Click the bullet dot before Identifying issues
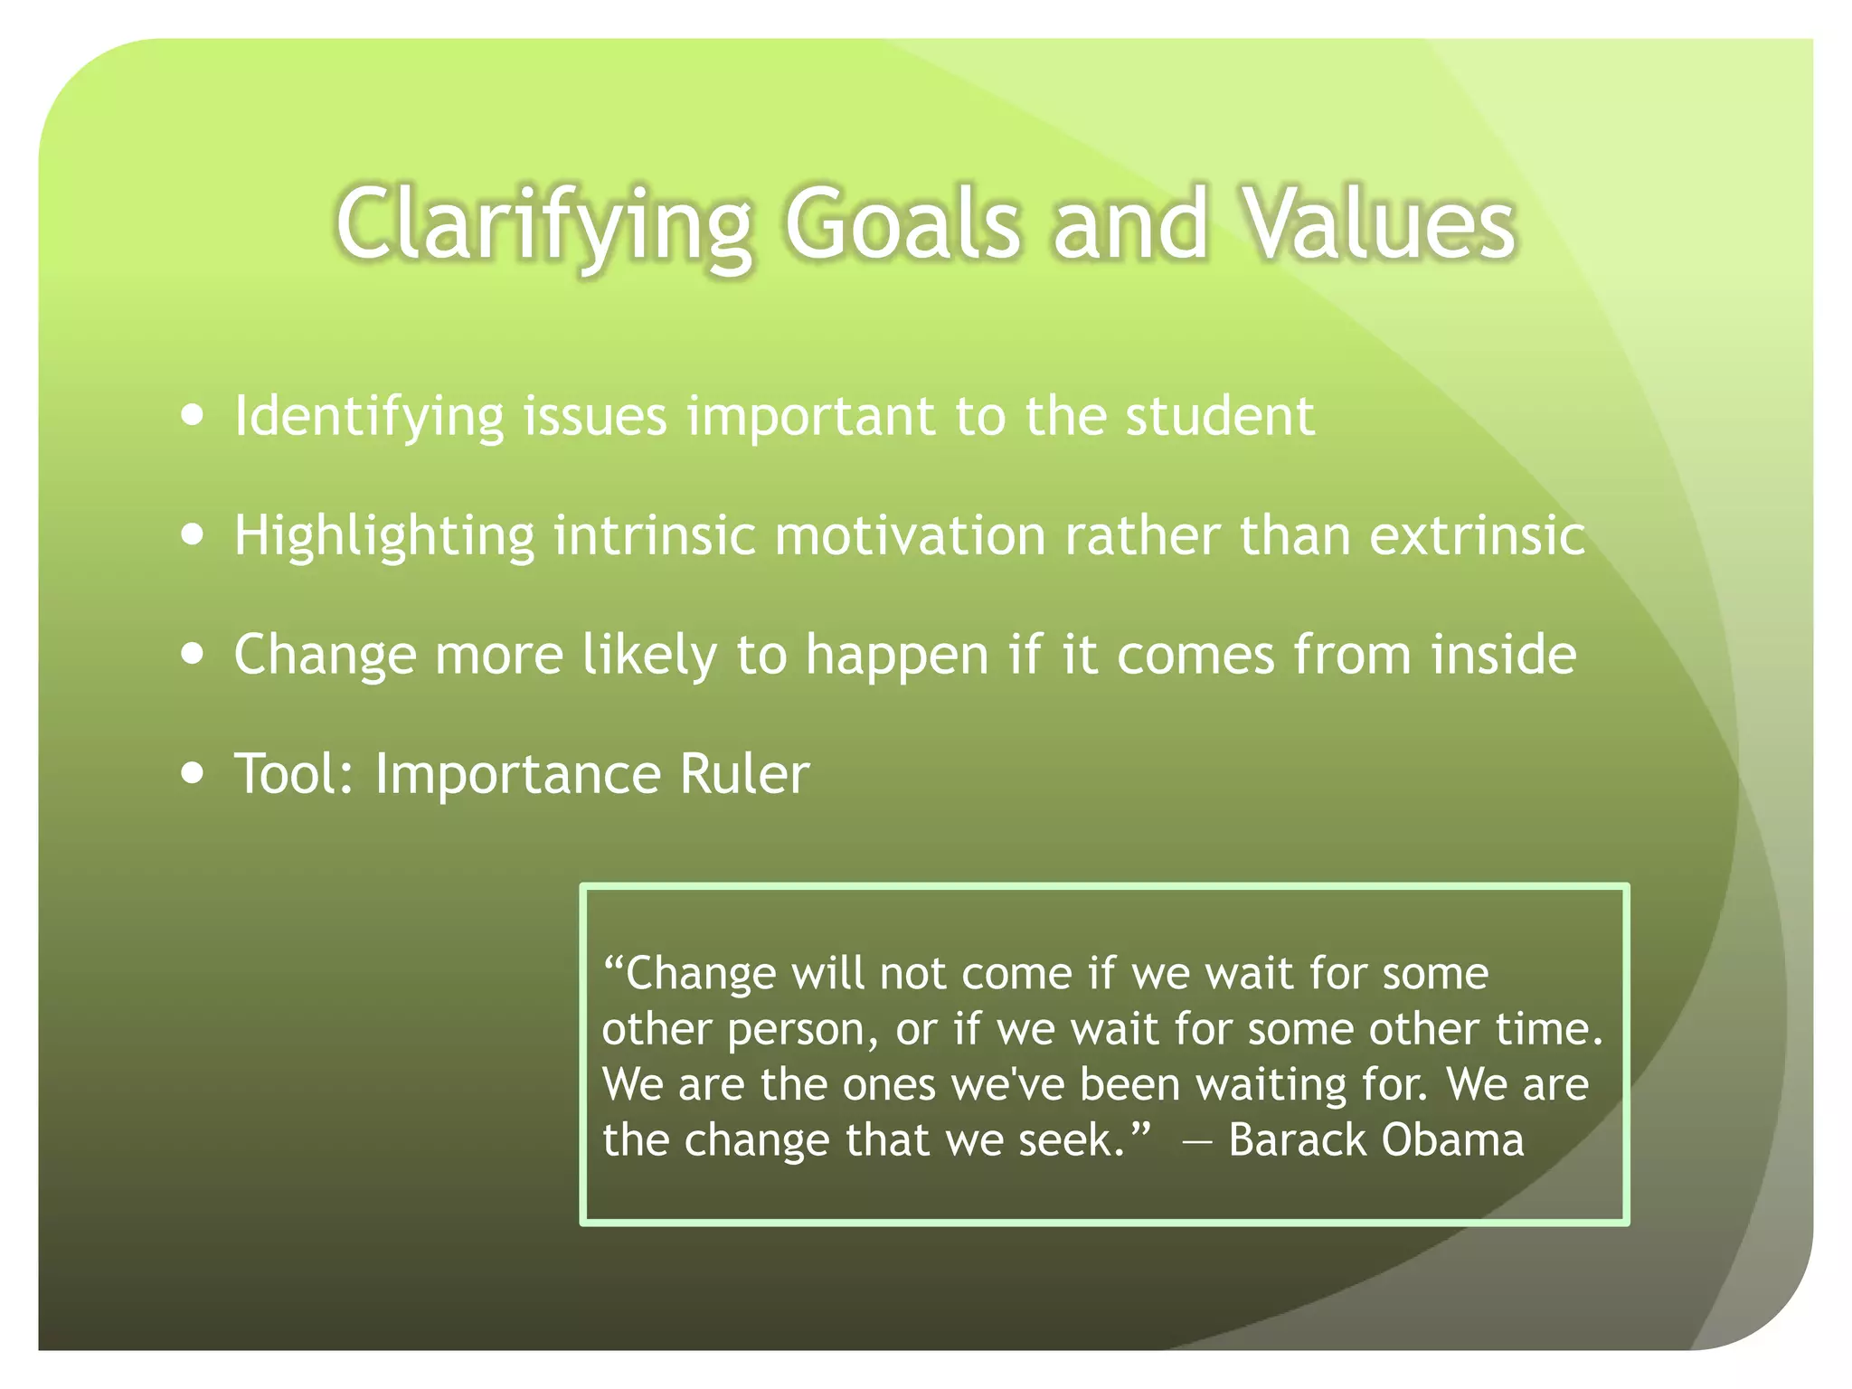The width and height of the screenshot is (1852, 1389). (192, 415)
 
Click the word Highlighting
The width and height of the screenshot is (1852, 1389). (384, 536)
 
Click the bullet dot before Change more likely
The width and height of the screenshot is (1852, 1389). (192, 653)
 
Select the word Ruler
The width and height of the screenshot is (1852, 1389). (743, 774)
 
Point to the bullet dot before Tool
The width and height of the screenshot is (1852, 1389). (192, 773)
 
